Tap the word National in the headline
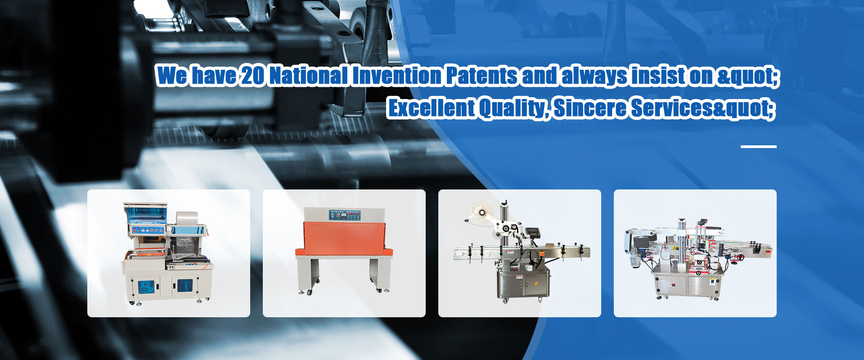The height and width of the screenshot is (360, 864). pos(309,75)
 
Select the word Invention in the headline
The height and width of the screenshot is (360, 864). pos(397,75)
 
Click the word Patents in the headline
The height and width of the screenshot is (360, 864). pos(482,75)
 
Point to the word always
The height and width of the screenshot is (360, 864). pos(594,76)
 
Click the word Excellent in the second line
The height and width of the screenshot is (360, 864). pos(432,108)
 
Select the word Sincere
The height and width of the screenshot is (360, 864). pos(590,108)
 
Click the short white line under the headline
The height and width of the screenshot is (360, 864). pos(759,146)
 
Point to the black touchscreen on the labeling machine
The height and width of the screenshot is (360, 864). pos(533,232)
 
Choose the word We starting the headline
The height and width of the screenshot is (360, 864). pos(172,75)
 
